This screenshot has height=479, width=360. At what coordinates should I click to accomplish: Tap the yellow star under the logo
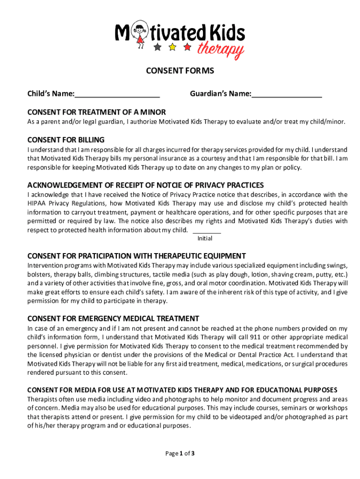click(172, 47)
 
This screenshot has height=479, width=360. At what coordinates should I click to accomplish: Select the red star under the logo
click(187, 47)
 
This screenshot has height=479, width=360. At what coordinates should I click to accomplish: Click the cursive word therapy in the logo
click(220, 49)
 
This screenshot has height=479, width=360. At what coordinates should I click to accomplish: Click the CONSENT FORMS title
click(180, 71)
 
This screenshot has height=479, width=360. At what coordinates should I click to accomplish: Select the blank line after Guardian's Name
click(287, 95)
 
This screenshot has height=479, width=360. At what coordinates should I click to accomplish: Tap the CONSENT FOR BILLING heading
click(66, 140)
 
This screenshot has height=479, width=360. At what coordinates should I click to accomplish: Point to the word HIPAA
click(37, 203)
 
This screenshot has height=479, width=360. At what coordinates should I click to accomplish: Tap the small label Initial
click(205, 239)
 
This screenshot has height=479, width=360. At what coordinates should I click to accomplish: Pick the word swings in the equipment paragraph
click(336, 265)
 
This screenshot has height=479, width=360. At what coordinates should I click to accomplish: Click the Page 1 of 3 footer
click(180, 453)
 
